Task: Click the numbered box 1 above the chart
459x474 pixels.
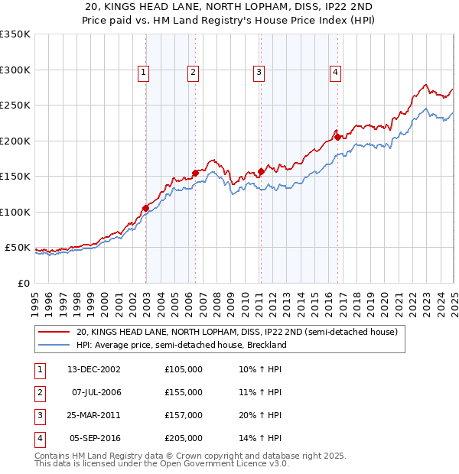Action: click(x=144, y=73)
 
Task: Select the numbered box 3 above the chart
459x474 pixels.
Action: click(x=259, y=73)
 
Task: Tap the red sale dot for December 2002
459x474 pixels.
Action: click(x=145, y=208)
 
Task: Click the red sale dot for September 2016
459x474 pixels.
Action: click(x=337, y=138)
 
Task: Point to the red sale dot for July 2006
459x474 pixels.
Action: click(x=195, y=173)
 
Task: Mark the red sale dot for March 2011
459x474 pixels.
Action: click(x=261, y=171)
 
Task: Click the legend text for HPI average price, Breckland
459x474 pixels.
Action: click(x=181, y=345)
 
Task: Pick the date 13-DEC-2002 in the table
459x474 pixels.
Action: click(x=94, y=369)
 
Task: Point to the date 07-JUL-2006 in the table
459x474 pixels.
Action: click(x=96, y=392)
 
